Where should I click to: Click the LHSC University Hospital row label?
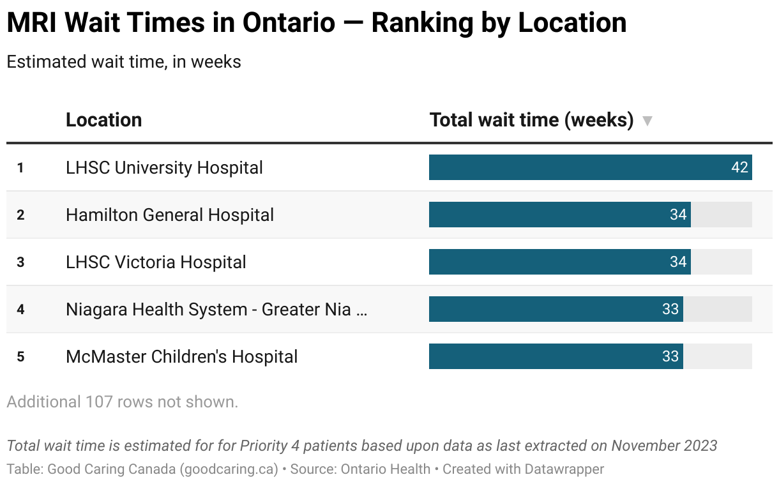click(x=164, y=168)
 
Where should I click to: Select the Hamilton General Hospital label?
click(x=170, y=215)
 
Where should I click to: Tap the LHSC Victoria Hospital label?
click(x=156, y=262)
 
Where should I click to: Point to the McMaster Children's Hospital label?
click(x=181, y=357)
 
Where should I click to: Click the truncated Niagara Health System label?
click(x=216, y=310)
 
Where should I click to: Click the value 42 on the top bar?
click(x=739, y=168)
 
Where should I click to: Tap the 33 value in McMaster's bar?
click(x=670, y=357)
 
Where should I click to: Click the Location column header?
click(x=103, y=120)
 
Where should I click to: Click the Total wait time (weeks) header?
click(x=531, y=120)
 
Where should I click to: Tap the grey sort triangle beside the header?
click(x=647, y=121)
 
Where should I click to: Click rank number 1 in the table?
click(x=20, y=169)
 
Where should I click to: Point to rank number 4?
click(x=20, y=310)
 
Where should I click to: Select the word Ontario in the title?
click(x=289, y=24)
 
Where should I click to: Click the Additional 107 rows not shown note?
click(x=122, y=402)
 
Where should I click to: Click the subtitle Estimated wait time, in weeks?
click(x=124, y=62)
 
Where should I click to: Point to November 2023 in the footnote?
click(x=664, y=446)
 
